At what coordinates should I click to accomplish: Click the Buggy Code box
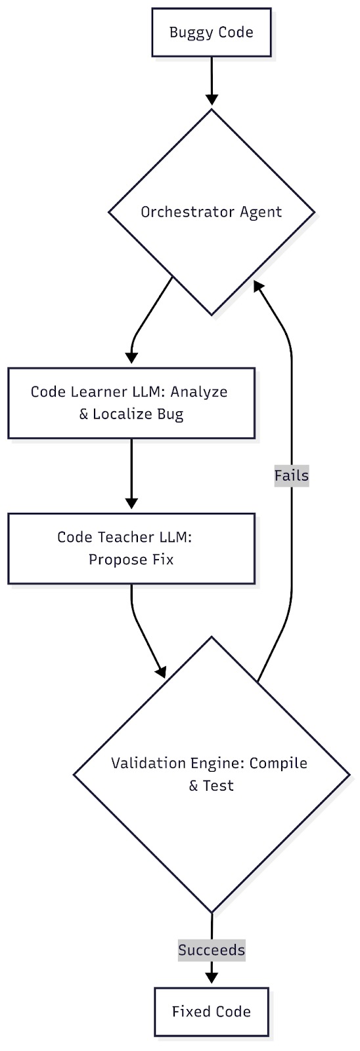[x=211, y=32]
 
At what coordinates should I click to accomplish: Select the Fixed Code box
[x=211, y=1011]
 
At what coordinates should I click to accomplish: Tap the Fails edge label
[x=291, y=476]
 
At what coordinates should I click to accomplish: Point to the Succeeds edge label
[x=212, y=949]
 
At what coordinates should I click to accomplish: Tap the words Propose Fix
[x=131, y=560]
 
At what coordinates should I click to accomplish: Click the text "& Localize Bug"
[x=131, y=414]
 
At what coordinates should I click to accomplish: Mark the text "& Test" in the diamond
[x=211, y=786]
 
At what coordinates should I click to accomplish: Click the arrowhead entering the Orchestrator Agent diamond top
[x=212, y=99]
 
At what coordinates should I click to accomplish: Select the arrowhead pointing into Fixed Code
[x=212, y=977]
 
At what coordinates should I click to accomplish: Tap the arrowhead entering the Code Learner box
[x=131, y=358]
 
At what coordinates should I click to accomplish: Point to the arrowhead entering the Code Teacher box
[x=131, y=503]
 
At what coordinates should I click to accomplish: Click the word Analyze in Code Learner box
[x=199, y=391]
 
